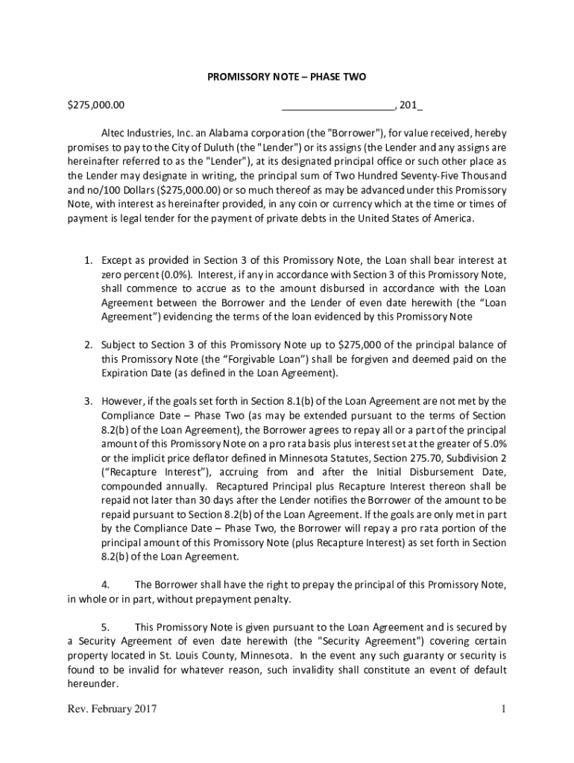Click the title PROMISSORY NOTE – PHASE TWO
coord(286,77)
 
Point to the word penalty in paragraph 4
coord(271,599)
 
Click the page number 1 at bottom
coord(504,709)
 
